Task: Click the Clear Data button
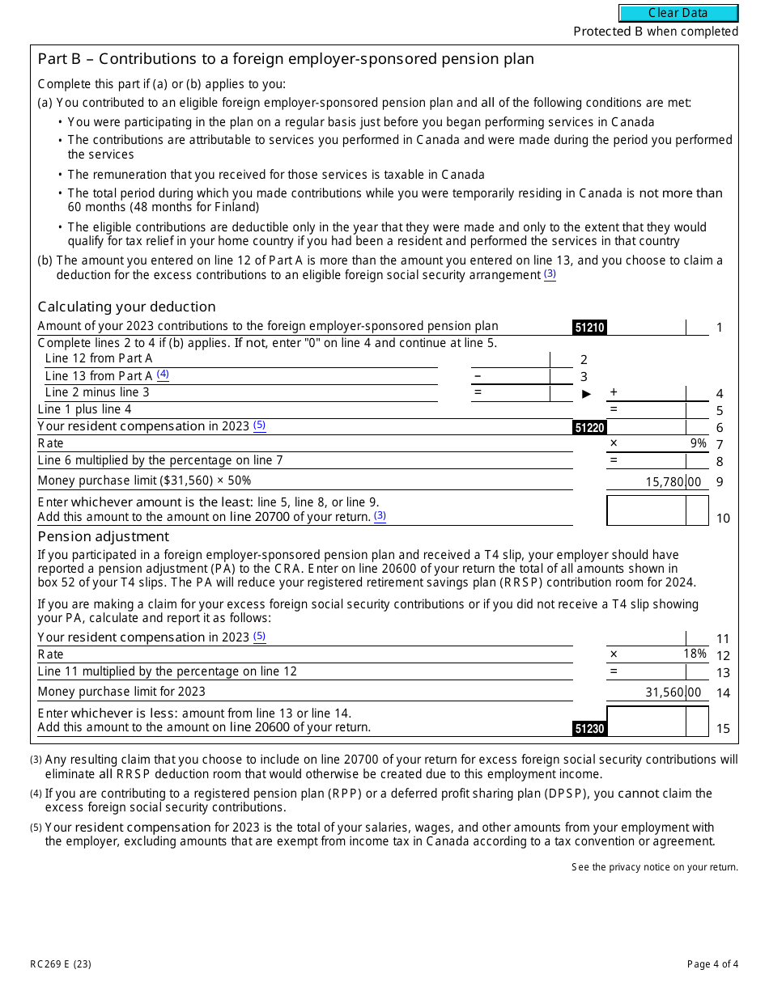tap(678, 13)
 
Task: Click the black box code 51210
tap(589, 328)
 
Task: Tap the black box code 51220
tap(589, 428)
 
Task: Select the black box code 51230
tap(589, 729)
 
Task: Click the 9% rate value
tap(698, 443)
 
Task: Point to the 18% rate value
tap(695, 654)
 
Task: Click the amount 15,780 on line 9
tap(665, 482)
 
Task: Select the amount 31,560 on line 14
tap(665, 692)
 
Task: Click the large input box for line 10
tap(646, 510)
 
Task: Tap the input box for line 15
tap(646, 721)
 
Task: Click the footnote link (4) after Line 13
tap(163, 375)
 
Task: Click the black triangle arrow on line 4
tap(587, 394)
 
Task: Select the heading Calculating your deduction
tap(126, 307)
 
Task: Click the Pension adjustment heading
tap(104, 536)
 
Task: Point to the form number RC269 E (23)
tap(61, 963)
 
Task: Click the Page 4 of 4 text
tap(712, 963)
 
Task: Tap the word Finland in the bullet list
tap(236, 207)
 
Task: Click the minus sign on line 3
tap(478, 376)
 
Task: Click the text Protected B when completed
tap(656, 32)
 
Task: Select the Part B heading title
tap(286, 59)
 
